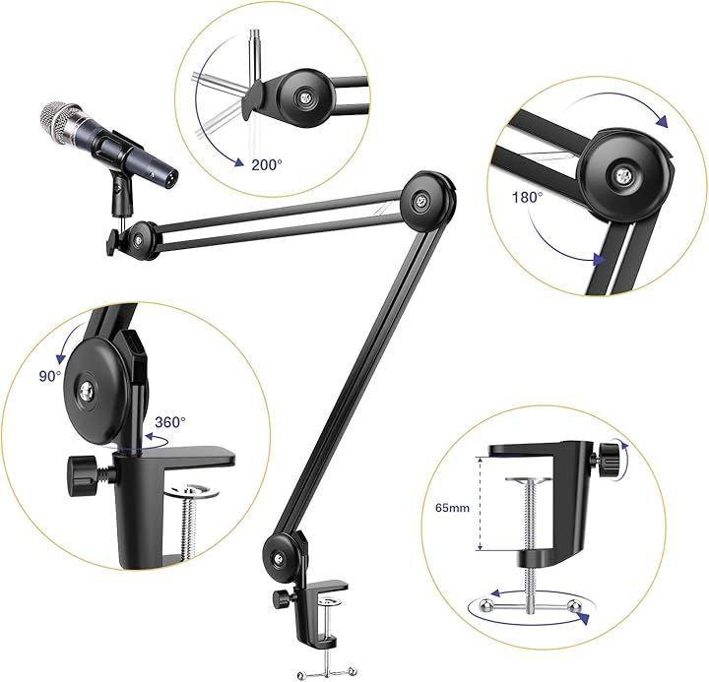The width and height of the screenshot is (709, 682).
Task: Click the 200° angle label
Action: (267, 165)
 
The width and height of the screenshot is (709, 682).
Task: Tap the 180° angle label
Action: (527, 197)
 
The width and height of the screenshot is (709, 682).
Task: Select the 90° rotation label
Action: (50, 376)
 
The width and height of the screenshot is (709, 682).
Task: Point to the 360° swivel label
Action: (170, 422)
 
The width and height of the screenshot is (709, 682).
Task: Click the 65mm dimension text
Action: (452, 508)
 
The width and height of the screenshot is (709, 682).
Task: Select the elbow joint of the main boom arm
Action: (428, 201)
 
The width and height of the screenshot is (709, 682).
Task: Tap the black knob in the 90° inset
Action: (83, 476)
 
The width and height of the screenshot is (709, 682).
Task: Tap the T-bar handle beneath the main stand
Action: (328, 671)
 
